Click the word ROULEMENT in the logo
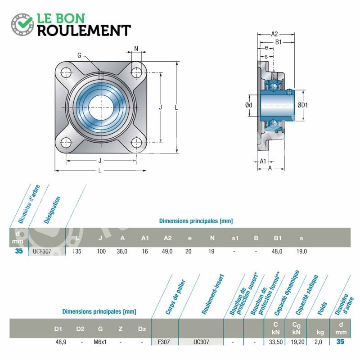coord(84,31)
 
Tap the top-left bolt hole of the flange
coord(66,72)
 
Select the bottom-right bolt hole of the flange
coord(136,143)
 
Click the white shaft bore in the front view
coord(101,108)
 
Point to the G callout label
coord(79,55)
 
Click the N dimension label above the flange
coord(136,49)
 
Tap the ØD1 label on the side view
coord(302,105)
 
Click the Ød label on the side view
coord(249,105)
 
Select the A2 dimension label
coord(274,34)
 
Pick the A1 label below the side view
coord(263,162)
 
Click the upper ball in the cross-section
coord(273,86)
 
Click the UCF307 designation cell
coord(42,252)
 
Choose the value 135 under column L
coord(76,252)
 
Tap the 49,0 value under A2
coord(167,252)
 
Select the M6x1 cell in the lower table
coord(100,342)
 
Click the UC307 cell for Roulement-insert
coord(201,342)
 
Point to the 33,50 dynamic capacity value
coord(276,342)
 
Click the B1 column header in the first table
coord(278,238)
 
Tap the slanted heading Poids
coord(322,309)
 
